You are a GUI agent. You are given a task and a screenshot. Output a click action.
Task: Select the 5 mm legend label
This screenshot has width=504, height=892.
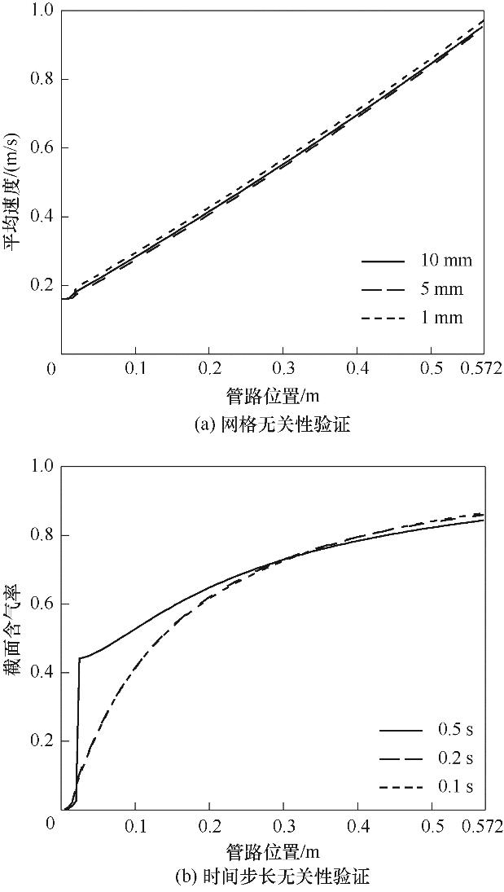coord(441,289)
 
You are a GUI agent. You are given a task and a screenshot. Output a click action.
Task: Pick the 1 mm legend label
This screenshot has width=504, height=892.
coord(441,318)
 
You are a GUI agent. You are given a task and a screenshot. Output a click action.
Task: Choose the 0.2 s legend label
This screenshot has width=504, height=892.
coord(448,758)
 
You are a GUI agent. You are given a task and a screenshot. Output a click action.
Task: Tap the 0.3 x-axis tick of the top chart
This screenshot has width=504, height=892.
coord(283,368)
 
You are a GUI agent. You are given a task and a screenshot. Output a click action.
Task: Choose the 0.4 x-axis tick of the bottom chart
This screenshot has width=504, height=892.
coord(357,824)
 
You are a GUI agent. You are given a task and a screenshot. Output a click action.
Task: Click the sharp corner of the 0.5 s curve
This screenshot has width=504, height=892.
coord(79,657)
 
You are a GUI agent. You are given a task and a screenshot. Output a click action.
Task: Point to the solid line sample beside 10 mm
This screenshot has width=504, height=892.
coord(383,261)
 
